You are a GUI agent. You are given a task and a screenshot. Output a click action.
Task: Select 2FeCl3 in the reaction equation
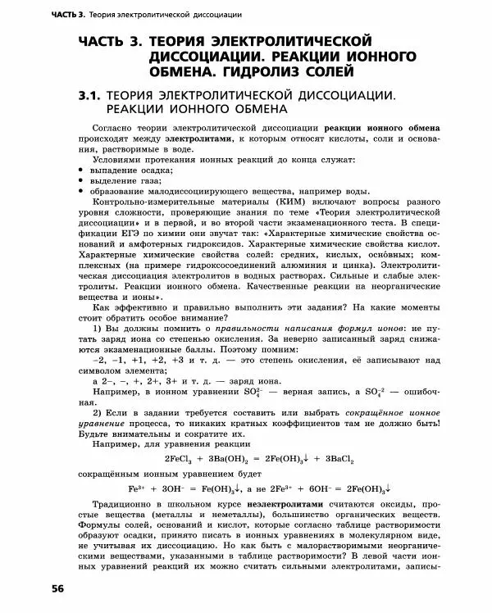182,458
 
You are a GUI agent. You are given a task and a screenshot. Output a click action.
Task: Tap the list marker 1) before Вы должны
98,329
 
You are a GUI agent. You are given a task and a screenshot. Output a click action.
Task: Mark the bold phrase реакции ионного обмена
382,129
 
